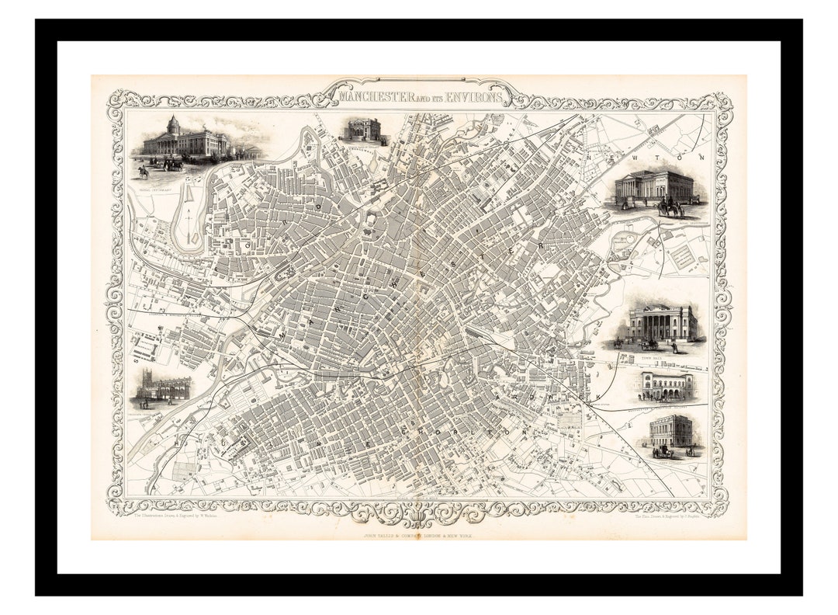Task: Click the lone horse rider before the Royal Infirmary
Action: point(143,171)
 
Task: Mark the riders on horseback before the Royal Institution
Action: point(670,208)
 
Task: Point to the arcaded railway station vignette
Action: point(665,385)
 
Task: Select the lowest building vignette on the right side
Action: point(670,432)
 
